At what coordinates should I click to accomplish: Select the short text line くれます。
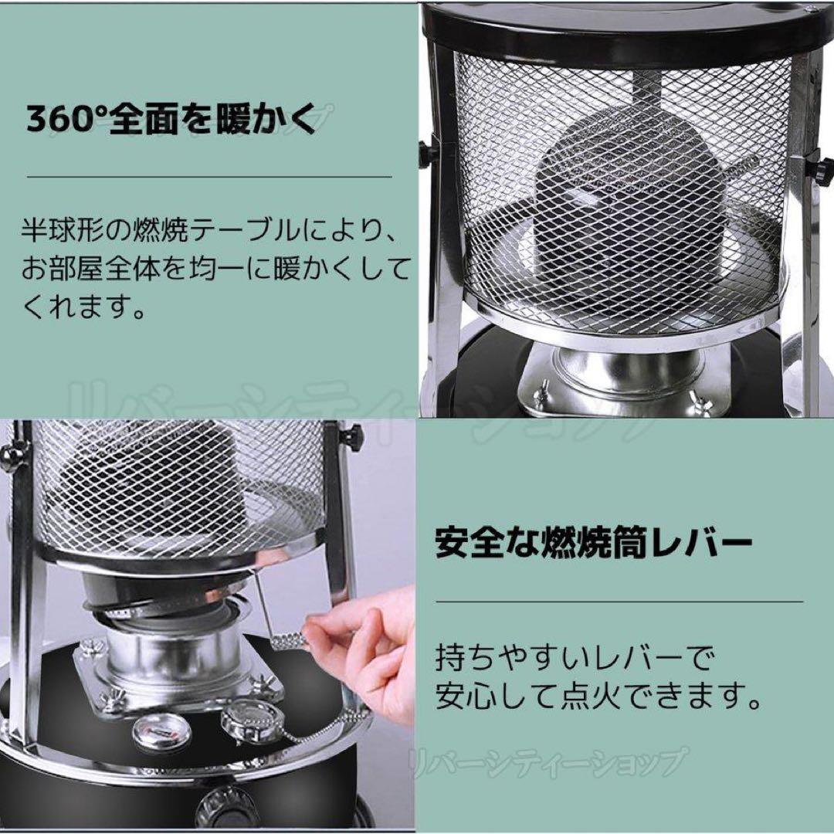tap(85, 309)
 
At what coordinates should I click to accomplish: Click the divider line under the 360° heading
tap(209, 177)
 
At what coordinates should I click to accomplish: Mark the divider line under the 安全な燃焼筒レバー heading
tap(619, 601)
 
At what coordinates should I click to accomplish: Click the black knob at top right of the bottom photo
tap(351, 439)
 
